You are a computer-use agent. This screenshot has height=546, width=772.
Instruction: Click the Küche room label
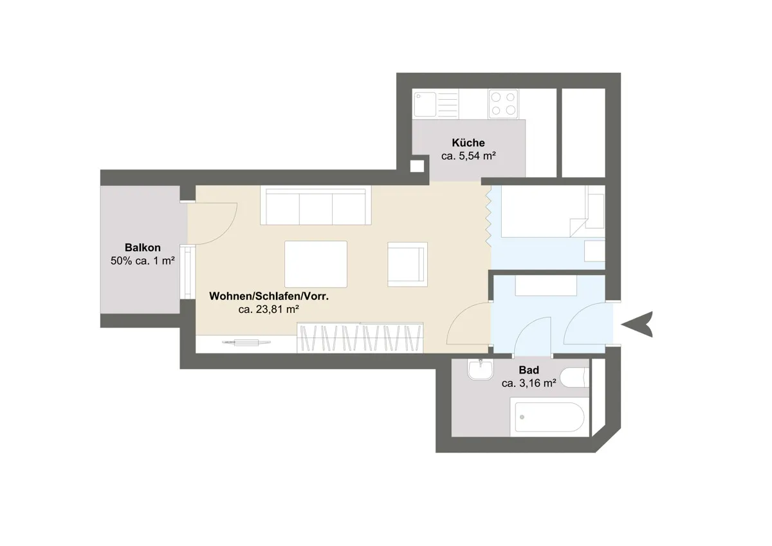coord(468,142)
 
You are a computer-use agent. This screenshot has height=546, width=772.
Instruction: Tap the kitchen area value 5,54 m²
coord(477,156)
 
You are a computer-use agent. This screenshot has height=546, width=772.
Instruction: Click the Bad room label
coord(529,370)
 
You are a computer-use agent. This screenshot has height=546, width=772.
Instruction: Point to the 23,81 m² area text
coord(277,310)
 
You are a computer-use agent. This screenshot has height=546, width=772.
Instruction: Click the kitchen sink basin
coord(425,104)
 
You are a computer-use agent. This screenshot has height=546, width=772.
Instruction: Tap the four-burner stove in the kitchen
coord(503,104)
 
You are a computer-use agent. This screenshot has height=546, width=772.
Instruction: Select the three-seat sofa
coord(316,205)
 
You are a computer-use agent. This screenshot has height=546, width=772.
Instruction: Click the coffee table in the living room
coord(316,264)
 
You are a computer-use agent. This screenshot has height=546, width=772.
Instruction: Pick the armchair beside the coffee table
coord(407,264)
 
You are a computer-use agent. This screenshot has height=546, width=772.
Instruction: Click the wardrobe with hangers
coord(360,337)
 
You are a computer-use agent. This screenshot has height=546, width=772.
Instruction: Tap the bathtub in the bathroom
coord(549,417)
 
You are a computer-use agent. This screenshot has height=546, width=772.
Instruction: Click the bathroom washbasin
coord(481,369)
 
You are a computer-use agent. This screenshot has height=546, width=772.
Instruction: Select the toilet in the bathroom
coord(574,377)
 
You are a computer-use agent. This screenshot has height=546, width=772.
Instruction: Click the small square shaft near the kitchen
coord(417,166)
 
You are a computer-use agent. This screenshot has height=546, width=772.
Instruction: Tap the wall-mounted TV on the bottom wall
coord(246,343)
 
